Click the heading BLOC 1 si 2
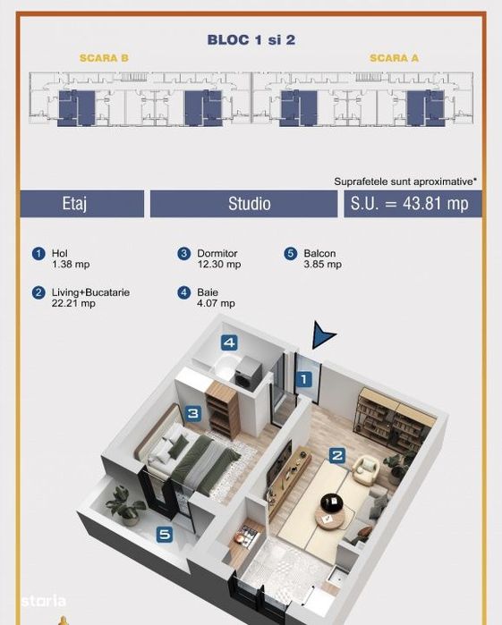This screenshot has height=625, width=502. point(251,40)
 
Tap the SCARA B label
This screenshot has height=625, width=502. point(104,58)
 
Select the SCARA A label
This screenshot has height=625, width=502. point(395,58)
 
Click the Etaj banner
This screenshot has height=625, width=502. point(82,204)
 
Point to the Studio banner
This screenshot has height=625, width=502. point(243,204)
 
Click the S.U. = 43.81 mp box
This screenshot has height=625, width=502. point(413,204)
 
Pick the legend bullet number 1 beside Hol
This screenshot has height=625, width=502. point(38,254)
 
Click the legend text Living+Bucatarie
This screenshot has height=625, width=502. point(90,292)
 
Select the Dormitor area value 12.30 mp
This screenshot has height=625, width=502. point(219,265)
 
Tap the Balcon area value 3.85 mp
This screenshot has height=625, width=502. point(322,265)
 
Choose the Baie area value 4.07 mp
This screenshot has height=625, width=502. point(216,303)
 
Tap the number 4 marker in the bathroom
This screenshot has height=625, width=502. point(229,342)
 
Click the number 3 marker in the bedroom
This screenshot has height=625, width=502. point(193,413)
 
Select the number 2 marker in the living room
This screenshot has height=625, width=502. point(337,455)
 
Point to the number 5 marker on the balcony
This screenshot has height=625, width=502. point(165,534)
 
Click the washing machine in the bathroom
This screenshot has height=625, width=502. point(247,371)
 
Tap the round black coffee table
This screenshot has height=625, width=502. point(332,503)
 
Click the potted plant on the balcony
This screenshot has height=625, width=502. point(123,505)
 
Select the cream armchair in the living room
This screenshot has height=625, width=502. point(366,470)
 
